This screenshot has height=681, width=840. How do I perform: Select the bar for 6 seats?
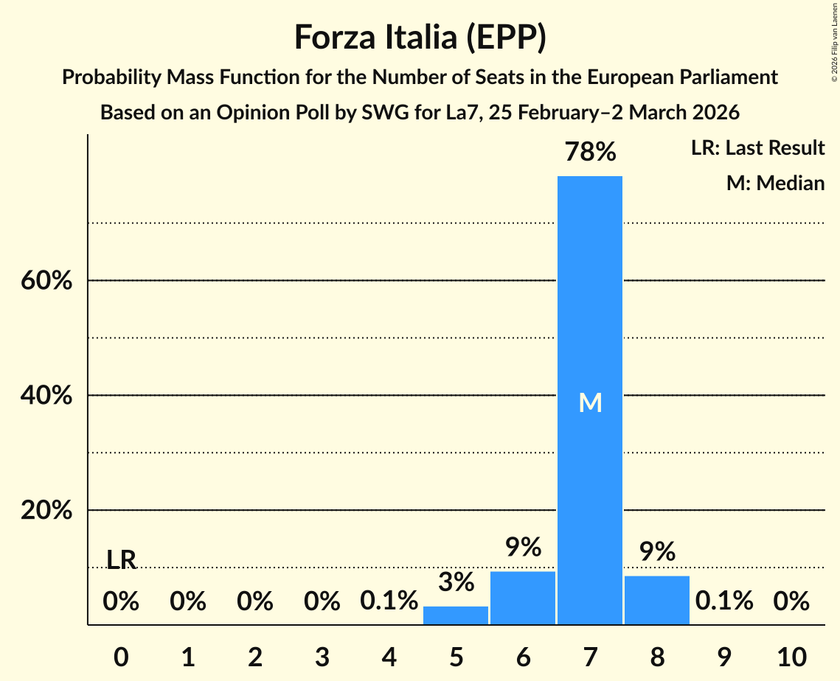click(523, 598)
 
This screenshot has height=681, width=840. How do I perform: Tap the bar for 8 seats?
click(656, 600)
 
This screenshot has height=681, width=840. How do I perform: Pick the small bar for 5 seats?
click(456, 615)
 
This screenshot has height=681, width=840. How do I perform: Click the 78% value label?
click(589, 153)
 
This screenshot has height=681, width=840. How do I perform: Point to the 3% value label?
click(456, 582)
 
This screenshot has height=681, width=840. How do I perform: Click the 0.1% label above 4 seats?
click(389, 601)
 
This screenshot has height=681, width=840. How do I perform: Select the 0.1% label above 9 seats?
click(723, 601)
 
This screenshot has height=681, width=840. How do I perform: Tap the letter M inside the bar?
click(590, 402)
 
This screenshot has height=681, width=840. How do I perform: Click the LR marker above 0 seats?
click(121, 560)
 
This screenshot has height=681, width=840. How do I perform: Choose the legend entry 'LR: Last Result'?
click(757, 148)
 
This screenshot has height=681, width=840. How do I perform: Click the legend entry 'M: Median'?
click(775, 183)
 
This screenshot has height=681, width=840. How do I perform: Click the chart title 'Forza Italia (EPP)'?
click(420, 37)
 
